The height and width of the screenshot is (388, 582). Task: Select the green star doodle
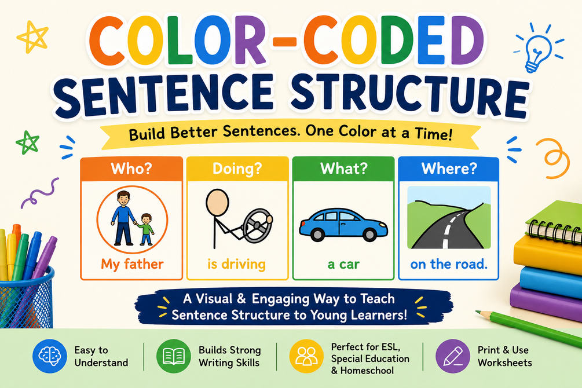point(28,142)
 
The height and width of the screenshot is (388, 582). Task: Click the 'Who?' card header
point(131,169)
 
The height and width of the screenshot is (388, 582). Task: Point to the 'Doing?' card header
point(237,169)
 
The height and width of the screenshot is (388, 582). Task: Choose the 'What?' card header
point(343,169)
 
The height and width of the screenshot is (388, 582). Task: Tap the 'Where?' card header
point(449,169)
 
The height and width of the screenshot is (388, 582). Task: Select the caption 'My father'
point(132,264)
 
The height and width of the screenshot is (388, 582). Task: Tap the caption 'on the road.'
point(449,264)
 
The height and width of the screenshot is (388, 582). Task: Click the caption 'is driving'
point(236,264)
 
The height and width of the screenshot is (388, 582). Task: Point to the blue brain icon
point(49,356)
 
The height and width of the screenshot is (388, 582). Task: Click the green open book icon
point(174,356)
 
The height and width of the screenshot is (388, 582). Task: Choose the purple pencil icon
point(452,356)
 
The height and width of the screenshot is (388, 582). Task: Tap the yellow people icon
point(306,356)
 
